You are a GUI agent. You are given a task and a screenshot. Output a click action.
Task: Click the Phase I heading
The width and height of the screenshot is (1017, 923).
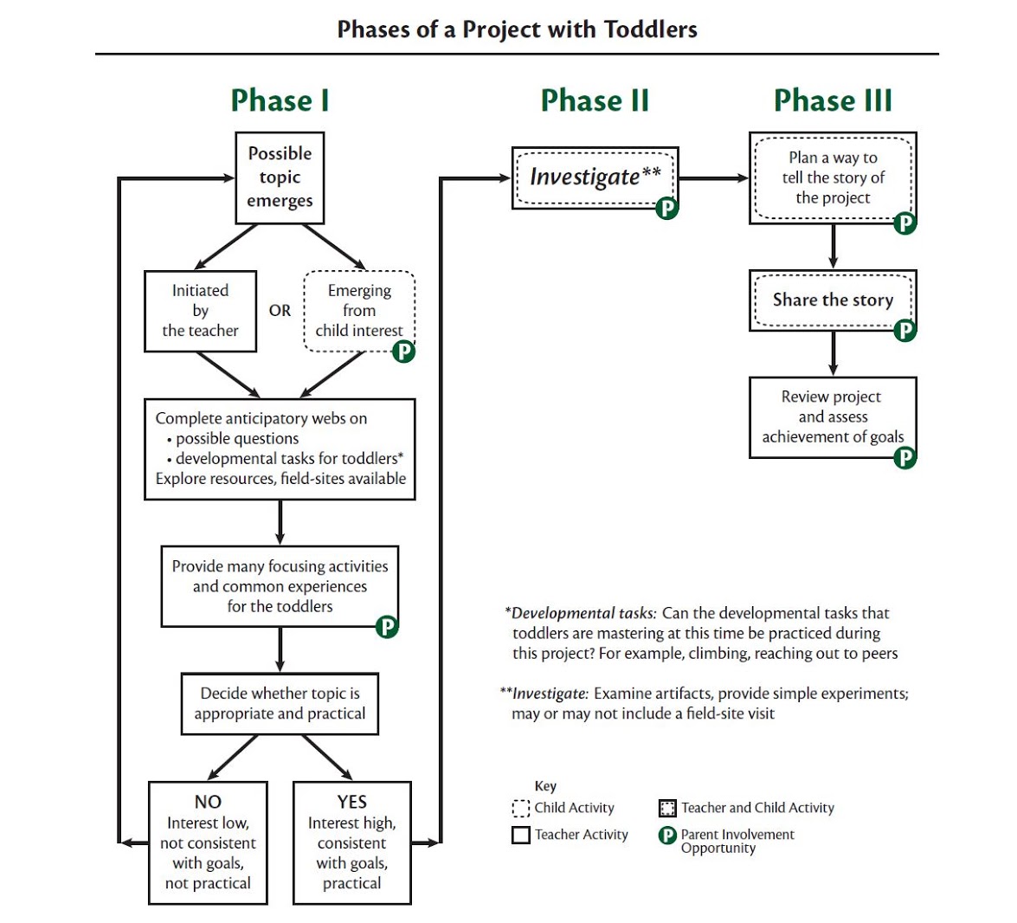point(280,100)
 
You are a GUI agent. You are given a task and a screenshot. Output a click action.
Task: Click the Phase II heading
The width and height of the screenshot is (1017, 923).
point(595,100)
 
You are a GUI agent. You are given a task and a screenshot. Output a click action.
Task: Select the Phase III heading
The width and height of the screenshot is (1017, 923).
point(833,100)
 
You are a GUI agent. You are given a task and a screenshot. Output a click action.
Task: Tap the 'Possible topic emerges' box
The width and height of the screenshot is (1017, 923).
point(280,177)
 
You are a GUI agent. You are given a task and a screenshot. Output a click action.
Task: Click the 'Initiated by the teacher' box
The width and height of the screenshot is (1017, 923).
point(200,311)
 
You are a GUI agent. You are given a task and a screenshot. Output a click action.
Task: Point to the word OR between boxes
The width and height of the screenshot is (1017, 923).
point(280,311)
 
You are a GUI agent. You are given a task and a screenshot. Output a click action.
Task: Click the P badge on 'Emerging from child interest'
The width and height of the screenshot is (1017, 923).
point(403,352)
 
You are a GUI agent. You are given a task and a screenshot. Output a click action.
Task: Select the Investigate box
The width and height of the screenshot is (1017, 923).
point(595,177)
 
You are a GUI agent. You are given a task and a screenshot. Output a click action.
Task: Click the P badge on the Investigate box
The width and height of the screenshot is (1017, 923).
point(666,208)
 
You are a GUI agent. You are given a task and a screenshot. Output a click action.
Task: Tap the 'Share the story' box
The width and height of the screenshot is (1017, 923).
point(833,300)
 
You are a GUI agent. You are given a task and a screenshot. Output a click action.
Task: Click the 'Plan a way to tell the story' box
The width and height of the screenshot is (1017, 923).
point(833,177)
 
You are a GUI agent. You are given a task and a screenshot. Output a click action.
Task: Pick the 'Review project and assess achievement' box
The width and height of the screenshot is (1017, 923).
point(833,416)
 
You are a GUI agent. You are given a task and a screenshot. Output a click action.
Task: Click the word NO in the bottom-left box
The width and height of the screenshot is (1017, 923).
point(208,802)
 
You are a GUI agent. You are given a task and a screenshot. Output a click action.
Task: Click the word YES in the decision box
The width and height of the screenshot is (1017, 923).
point(352,802)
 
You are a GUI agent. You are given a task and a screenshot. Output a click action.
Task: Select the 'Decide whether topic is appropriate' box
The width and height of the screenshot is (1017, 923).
point(280,704)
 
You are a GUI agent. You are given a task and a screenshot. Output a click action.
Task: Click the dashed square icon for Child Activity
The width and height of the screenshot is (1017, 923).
point(520,809)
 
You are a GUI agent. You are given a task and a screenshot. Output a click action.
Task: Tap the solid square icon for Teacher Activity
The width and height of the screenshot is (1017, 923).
point(520,836)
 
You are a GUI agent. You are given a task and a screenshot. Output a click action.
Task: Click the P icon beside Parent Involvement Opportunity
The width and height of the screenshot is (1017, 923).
point(667,836)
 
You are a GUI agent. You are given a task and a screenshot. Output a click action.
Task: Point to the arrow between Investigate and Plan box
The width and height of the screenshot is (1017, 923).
point(714,178)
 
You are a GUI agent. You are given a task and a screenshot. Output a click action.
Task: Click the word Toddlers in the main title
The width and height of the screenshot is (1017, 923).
point(650,29)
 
